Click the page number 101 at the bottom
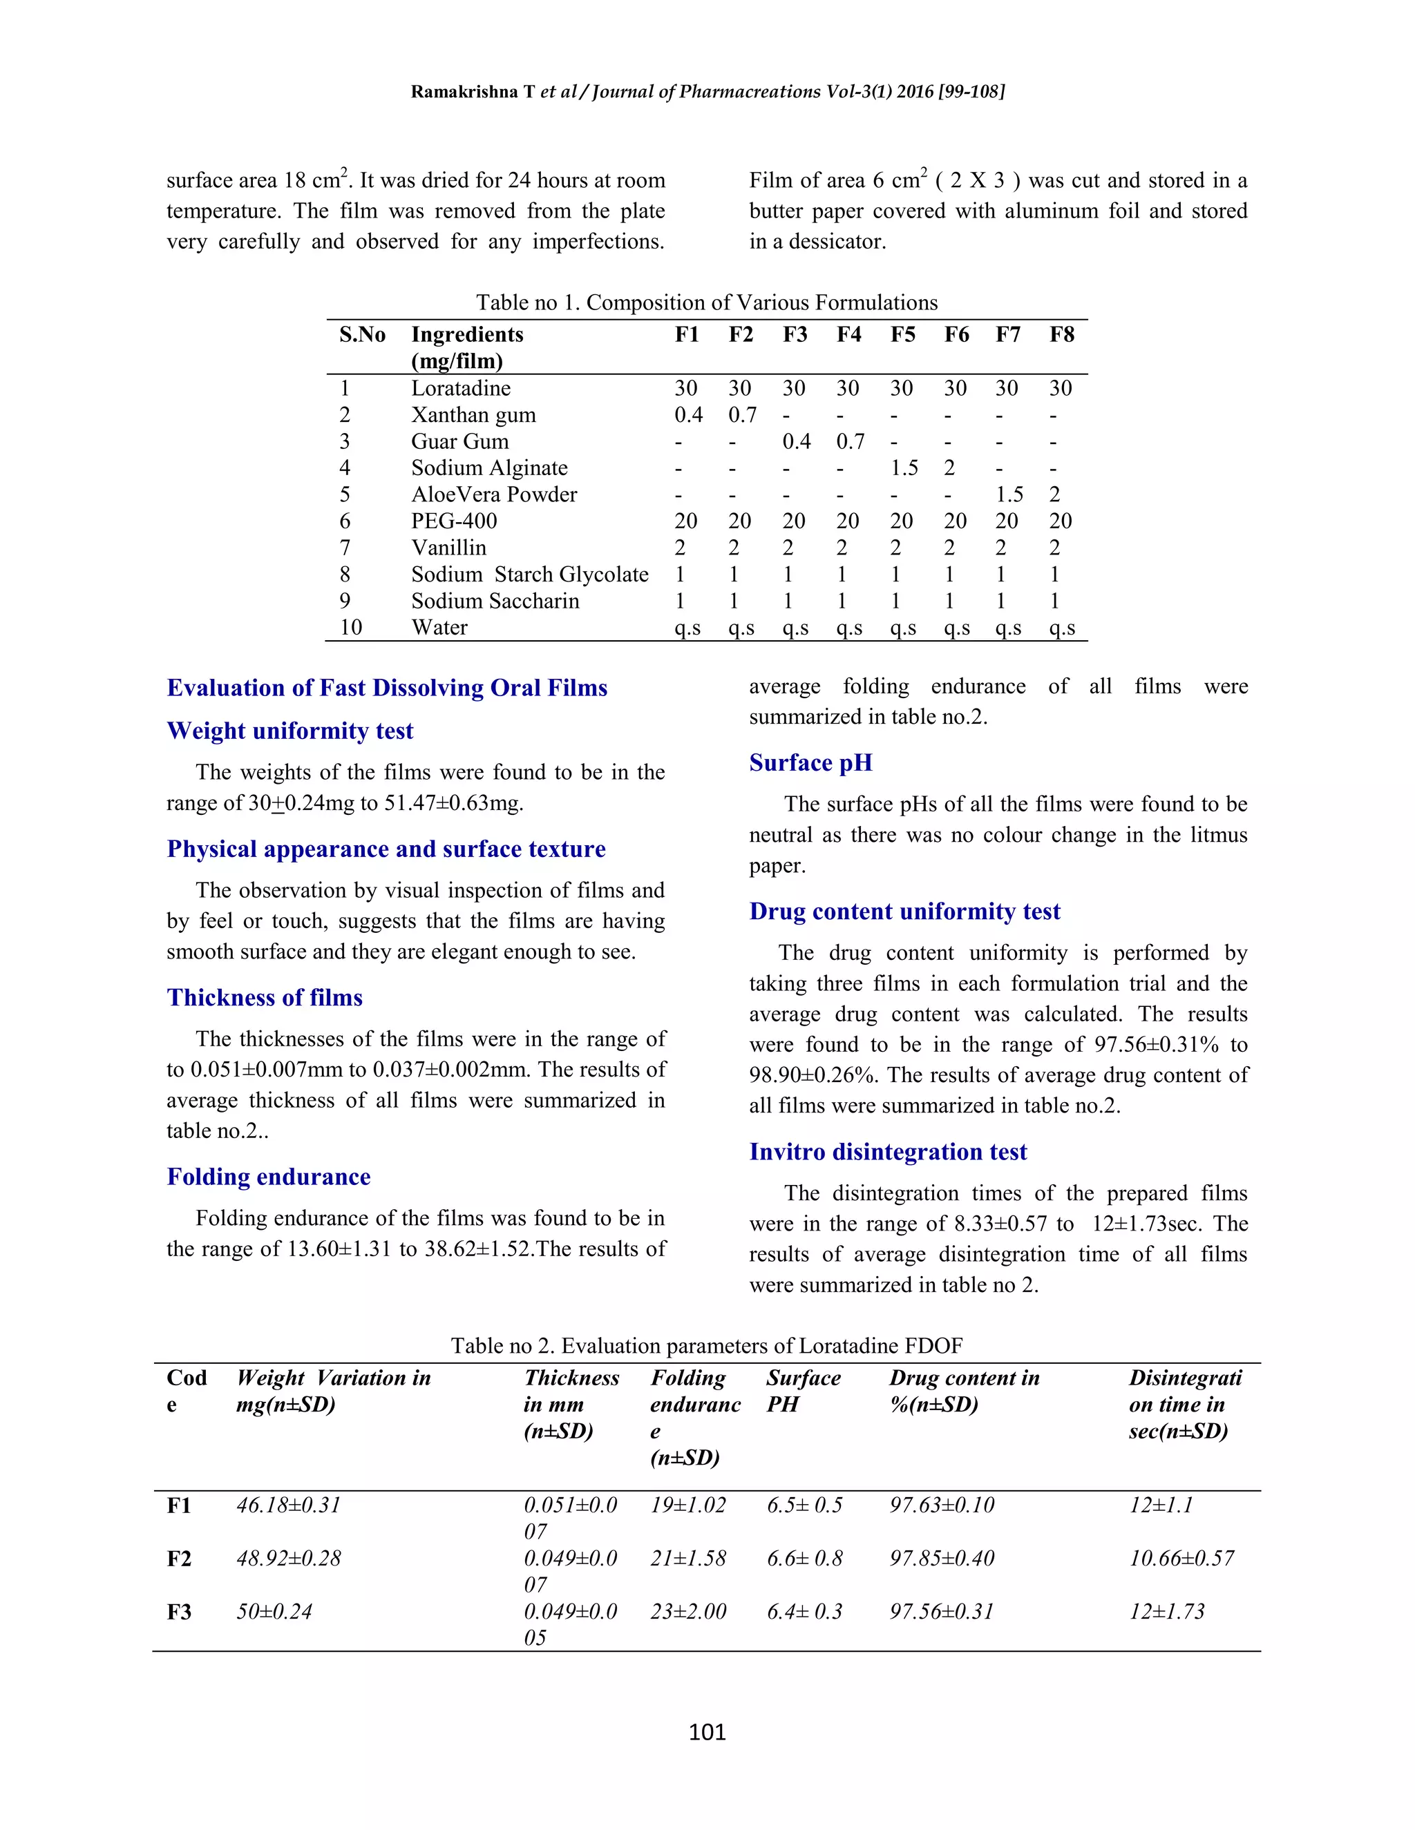[x=707, y=1732]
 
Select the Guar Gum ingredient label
[x=459, y=441]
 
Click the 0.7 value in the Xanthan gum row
[x=742, y=415]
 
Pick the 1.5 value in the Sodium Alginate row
[x=904, y=468]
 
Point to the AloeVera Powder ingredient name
[x=494, y=494]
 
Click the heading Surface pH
[x=810, y=762]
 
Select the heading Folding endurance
[x=268, y=1177]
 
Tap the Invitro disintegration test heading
[x=887, y=1151]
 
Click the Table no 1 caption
[x=707, y=302]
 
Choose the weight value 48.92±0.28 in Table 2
[x=288, y=1559]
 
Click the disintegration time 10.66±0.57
[x=1181, y=1559]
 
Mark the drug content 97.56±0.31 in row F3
[x=942, y=1611]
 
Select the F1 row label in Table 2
[x=180, y=1505]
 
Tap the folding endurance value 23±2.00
[x=687, y=1611]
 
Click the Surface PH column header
[x=802, y=1391]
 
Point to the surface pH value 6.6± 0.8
[x=804, y=1559]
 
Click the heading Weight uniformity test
[x=290, y=731]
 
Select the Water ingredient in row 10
[x=439, y=628]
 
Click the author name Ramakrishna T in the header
[x=472, y=92]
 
